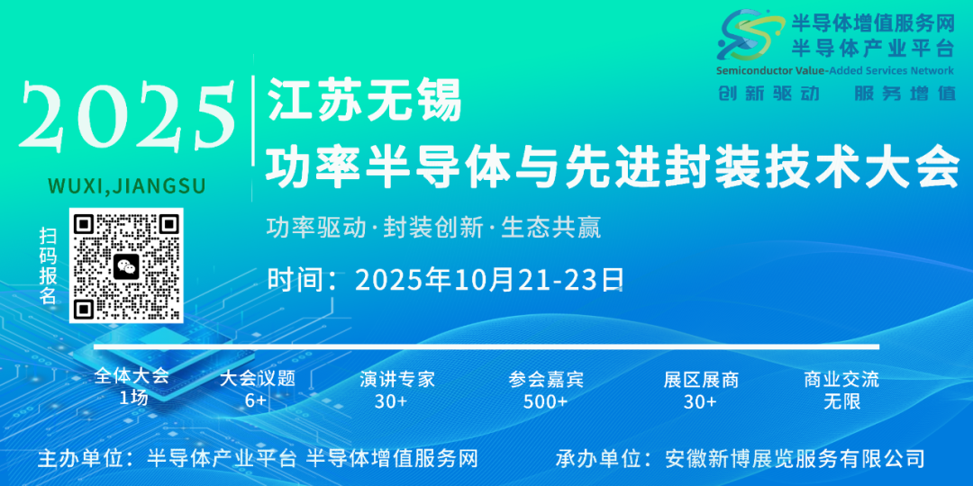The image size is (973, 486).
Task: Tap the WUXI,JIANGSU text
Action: [126, 185]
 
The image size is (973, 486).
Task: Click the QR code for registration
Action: [126, 265]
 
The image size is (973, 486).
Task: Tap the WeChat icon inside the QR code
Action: [126, 265]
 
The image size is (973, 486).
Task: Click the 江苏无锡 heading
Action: [364, 100]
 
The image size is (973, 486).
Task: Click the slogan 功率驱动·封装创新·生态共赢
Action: [433, 227]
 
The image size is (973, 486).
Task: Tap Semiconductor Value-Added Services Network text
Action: [834, 70]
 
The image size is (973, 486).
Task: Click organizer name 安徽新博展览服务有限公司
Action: [795, 458]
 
